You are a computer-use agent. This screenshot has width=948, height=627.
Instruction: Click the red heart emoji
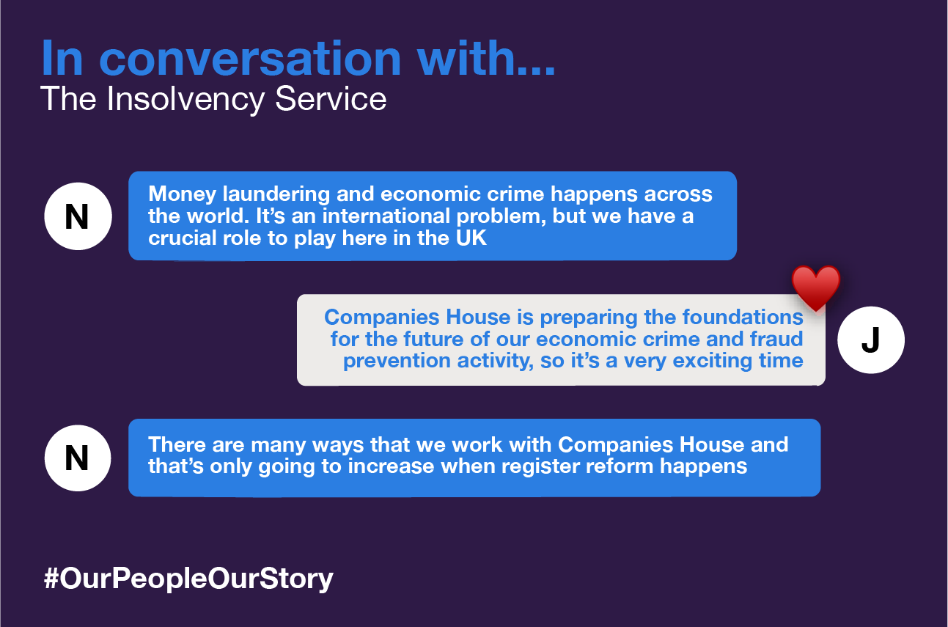(x=815, y=287)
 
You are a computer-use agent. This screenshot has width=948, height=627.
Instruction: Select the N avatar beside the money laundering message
(x=78, y=217)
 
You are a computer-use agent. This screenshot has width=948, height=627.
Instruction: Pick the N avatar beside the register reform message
(x=78, y=458)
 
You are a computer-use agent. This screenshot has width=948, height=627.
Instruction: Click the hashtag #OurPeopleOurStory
(x=188, y=578)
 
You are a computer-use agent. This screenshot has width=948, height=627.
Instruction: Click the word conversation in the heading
(x=250, y=58)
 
